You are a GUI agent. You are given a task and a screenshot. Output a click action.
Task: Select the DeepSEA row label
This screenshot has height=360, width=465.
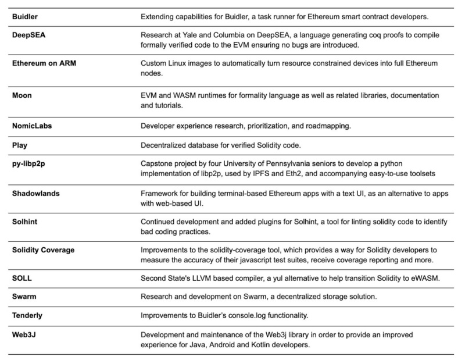coord(28,34)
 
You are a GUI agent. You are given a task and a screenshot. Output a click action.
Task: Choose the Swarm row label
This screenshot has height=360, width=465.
coord(25,298)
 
